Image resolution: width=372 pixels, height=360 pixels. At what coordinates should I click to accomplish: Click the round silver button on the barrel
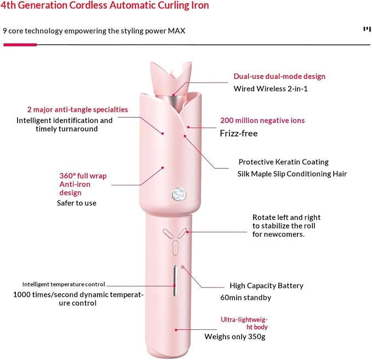coord(179,194)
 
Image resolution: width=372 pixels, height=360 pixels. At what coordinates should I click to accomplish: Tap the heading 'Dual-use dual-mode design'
coord(279,76)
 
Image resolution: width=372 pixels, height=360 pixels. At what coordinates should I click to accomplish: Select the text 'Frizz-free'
coord(239,133)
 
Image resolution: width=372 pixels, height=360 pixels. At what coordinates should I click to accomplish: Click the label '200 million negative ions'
coord(262,121)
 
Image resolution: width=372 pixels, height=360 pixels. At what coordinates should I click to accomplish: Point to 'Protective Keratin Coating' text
coord(283,162)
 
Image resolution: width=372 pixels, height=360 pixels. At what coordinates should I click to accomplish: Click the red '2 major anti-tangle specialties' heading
coord(78,110)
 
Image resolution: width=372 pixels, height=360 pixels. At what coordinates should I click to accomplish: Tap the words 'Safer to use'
coord(77,203)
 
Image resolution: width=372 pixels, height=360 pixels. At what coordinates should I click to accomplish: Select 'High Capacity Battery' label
coord(266,285)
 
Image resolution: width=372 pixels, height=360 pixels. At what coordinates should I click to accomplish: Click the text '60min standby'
coord(246,298)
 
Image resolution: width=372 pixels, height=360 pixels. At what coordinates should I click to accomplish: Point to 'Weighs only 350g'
coord(235,337)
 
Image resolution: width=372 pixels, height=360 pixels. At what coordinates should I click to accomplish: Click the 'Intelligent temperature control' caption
coord(64,284)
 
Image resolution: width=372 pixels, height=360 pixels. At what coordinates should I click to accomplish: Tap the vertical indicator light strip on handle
coord(175,281)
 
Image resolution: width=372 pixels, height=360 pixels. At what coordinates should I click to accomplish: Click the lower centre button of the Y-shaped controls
coord(175,248)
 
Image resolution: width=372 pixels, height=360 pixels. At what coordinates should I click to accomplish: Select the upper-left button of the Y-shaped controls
coord(168,233)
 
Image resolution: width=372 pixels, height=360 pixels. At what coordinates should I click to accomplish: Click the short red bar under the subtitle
coord(20,44)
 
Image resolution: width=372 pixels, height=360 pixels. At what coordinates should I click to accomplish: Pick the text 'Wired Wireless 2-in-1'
coord(271,89)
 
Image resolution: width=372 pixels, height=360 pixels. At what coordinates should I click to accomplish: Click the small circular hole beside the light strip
coord(182,267)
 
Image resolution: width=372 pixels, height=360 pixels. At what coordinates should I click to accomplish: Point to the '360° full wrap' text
coord(83,176)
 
